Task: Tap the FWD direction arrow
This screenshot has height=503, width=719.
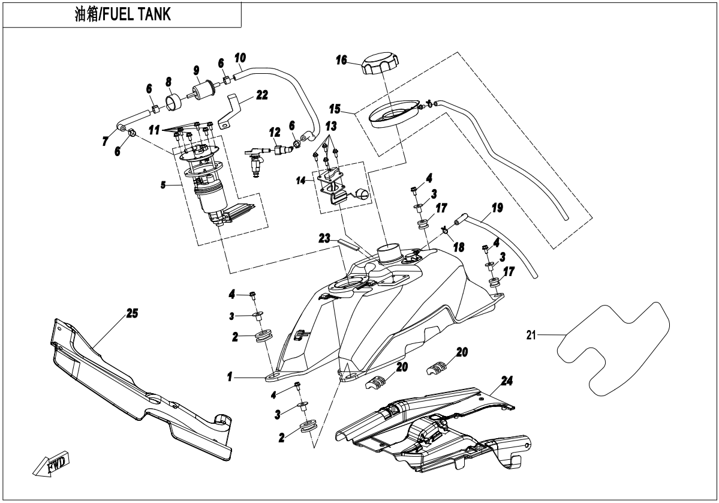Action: tap(51, 464)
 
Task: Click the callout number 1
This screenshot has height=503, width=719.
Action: tap(229, 378)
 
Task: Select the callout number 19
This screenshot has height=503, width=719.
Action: tap(497, 209)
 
